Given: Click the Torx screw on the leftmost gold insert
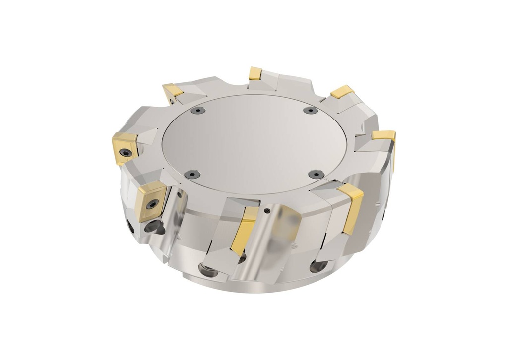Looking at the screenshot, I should point(127,153).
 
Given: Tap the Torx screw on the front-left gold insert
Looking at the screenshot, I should point(153,204).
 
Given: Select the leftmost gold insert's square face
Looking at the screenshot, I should point(124,147).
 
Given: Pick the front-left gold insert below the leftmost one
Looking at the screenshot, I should point(150,200).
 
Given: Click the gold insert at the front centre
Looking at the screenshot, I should point(244,230).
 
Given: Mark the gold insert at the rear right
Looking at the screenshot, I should point(342,92).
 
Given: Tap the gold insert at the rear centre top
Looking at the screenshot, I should point(255,73).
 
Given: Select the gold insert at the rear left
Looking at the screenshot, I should point(173,90).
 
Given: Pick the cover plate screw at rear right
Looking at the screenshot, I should point(310,110).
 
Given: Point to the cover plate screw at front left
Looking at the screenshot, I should point(192,174).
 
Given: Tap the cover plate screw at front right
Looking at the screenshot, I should point(316,174).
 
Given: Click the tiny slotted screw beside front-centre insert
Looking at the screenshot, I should point(267,211).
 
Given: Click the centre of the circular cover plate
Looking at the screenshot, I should point(254,144).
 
